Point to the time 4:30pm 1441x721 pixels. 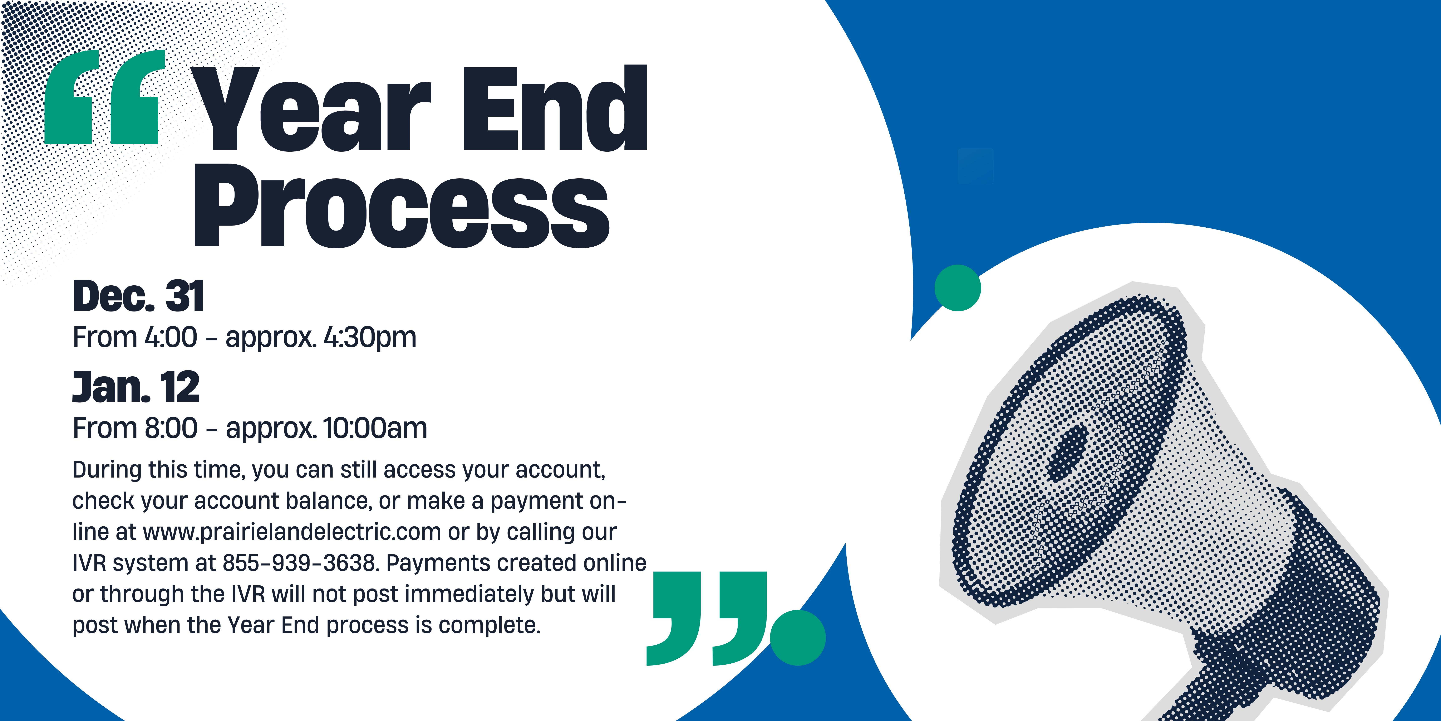tap(370, 338)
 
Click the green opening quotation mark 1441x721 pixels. tap(105, 96)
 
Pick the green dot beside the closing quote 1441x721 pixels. tap(798, 638)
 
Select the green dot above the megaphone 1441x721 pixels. tap(958, 288)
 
